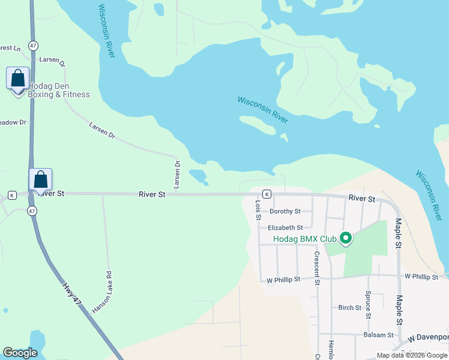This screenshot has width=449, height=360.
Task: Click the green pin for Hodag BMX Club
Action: pyautogui.click(x=345, y=239)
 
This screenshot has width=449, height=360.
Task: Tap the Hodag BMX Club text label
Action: pyautogui.click(x=304, y=239)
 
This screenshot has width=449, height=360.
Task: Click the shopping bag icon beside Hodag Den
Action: pyautogui.click(x=17, y=79)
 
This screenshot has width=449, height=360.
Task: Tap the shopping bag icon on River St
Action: pyautogui.click(x=40, y=180)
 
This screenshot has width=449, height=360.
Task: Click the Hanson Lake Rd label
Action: pyautogui.click(x=101, y=293)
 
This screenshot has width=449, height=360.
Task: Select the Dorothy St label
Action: pyautogui.click(x=285, y=211)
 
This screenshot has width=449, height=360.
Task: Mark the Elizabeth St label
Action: pyautogui.click(x=285, y=227)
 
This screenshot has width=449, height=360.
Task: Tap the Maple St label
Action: pyautogui.click(x=397, y=233)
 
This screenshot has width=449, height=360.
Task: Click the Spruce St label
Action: pyautogui.click(x=368, y=305)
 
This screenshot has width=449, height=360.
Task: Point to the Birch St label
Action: pyautogui.click(x=349, y=307)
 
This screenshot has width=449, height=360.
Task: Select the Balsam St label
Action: pyautogui.click(x=378, y=335)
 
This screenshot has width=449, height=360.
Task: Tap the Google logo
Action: pyautogui.click(x=20, y=353)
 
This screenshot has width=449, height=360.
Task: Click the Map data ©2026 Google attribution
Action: pyautogui.click(x=412, y=355)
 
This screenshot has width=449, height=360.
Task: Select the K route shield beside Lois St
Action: pyautogui.click(x=266, y=194)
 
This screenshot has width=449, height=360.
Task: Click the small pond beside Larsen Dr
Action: pyautogui.click(x=199, y=176)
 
